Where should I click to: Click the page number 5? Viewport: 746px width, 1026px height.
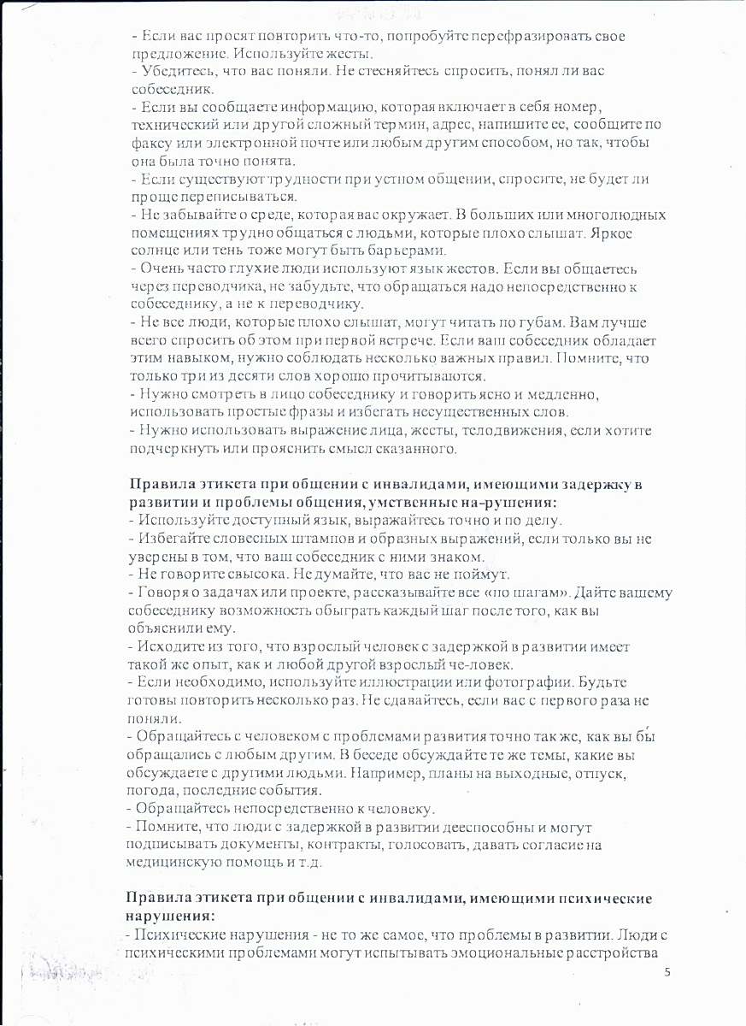point(667,973)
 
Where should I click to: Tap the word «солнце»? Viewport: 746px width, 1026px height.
point(156,250)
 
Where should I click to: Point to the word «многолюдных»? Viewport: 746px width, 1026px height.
point(610,214)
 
